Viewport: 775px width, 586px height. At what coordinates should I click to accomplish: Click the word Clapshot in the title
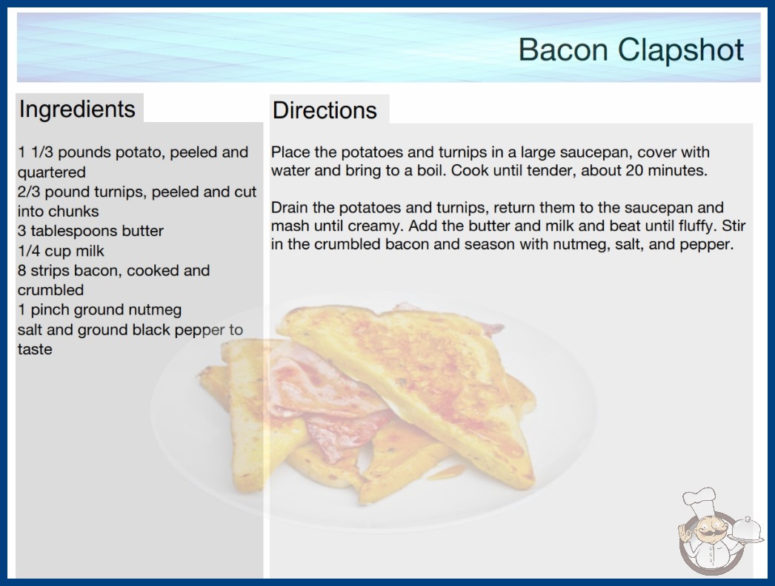pyautogui.click(x=681, y=50)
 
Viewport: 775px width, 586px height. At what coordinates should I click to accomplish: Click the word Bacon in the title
pyautogui.click(x=563, y=50)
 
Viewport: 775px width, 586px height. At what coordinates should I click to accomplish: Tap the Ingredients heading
pyautogui.click(x=77, y=110)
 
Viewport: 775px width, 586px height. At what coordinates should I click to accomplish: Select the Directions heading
pyautogui.click(x=325, y=110)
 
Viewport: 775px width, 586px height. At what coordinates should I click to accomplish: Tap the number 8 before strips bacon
pyautogui.click(x=21, y=271)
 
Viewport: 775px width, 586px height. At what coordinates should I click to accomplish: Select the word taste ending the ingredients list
pyautogui.click(x=35, y=349)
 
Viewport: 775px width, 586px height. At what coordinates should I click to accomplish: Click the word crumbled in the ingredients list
pyautogui.click(x=50, y=290)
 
